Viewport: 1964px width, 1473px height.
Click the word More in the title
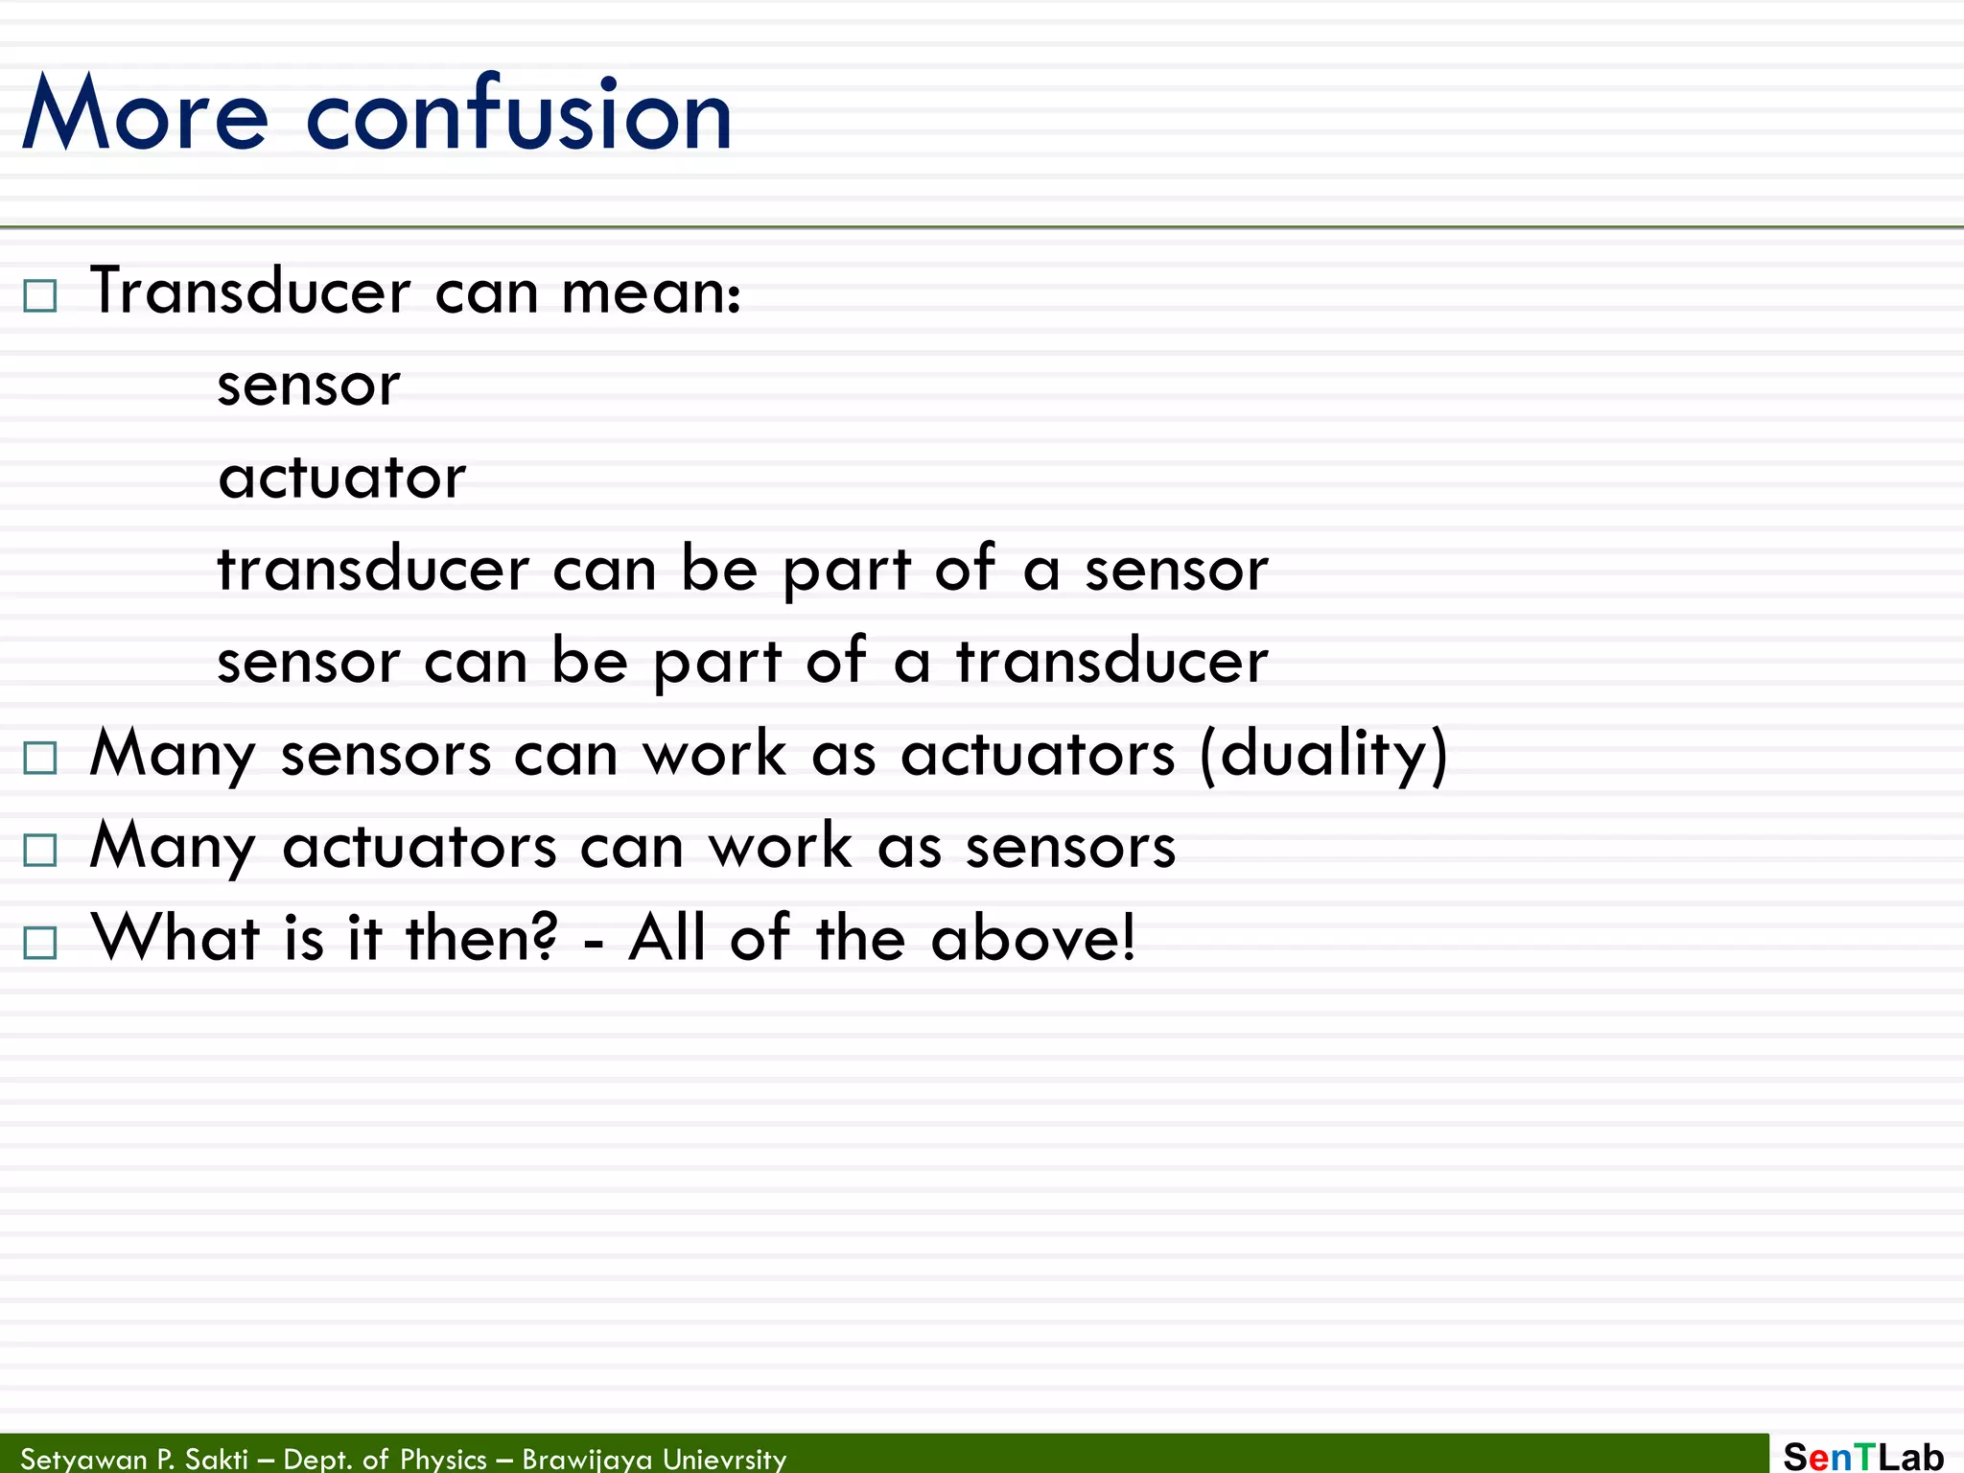point(146,115)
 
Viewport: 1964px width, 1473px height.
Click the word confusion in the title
point(519,115)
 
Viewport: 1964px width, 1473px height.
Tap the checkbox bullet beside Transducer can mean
point(40,295)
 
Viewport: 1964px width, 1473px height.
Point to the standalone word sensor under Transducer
point(309,386)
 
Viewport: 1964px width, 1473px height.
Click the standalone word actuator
point(341,478)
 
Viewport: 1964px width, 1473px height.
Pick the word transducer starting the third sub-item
point(373,569)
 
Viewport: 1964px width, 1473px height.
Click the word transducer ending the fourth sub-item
point(1112,661)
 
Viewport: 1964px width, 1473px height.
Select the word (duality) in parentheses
point(1323,754)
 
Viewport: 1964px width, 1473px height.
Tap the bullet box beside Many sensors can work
point(40,758)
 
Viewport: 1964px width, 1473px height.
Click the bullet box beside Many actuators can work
point(40,850)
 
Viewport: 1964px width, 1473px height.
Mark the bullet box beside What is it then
point(40,943)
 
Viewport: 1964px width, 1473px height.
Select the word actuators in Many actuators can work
point(419,847)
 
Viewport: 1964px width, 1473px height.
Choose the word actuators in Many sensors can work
point(1038,754)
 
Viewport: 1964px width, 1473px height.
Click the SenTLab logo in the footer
point(1862,1456)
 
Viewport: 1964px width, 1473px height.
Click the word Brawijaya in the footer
point(587,1459)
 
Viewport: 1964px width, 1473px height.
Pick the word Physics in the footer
point(443,1459)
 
